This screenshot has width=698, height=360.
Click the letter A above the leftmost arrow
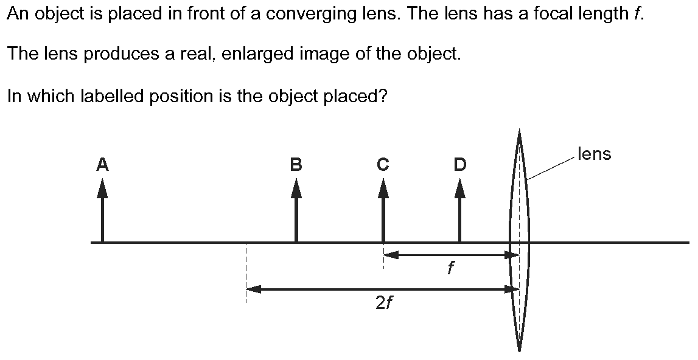[102, 164]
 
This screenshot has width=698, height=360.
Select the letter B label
[296, 164]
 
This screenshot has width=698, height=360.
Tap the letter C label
[383, 164]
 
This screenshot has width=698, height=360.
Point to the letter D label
[459, 164]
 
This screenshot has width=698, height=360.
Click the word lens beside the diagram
[594, 154]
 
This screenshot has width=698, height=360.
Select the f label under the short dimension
[450, 268]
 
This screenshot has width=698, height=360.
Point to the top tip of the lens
[519, 131]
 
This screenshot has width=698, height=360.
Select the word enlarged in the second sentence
[259, 55]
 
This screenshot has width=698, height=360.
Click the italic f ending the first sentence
[637, 13]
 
